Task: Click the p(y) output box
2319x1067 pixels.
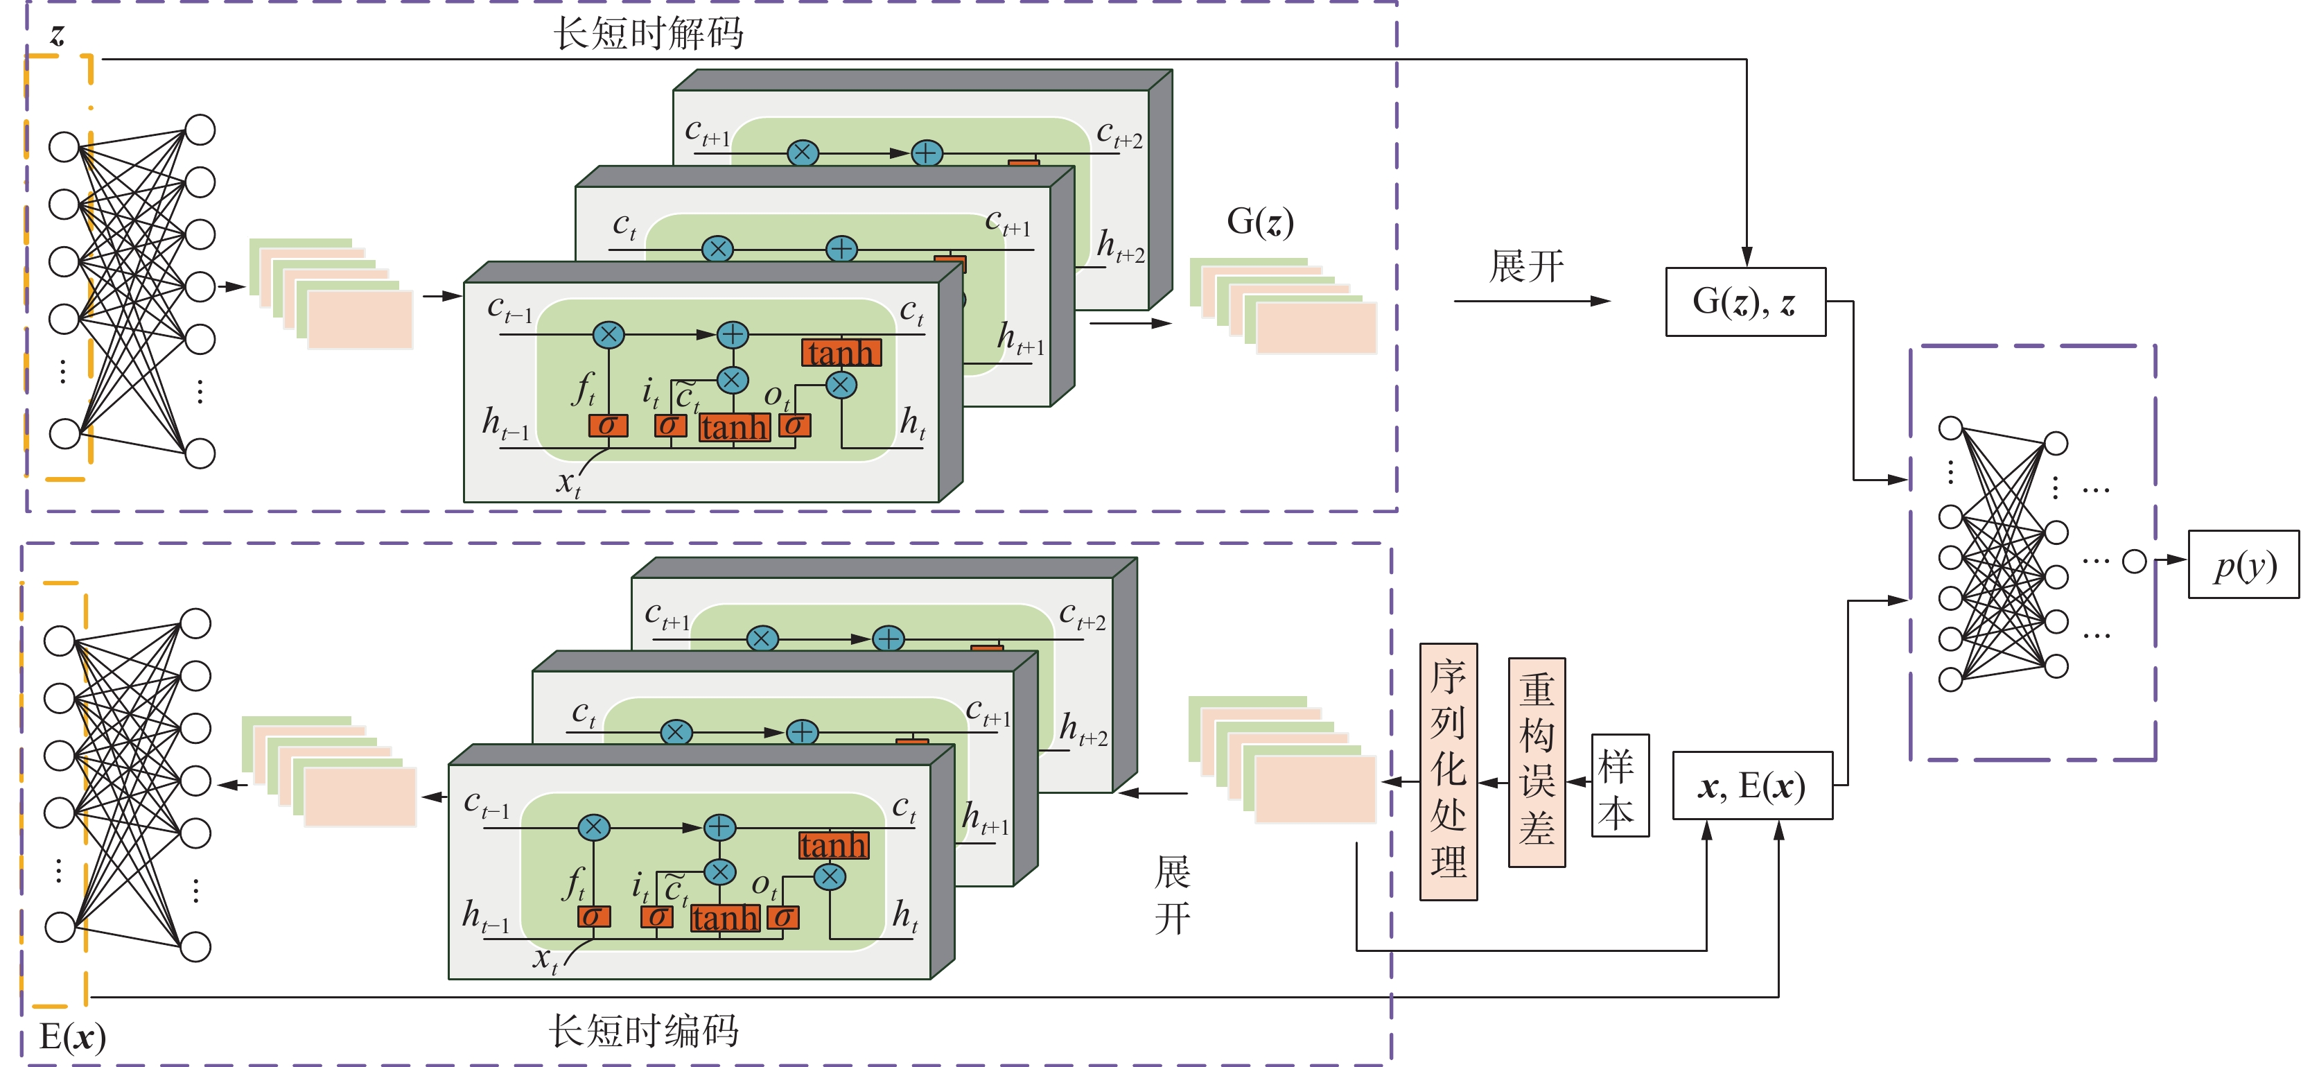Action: tap(2243, 564)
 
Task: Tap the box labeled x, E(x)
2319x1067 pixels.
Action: tap(1752, 785)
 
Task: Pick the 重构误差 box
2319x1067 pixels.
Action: tap(1537, 762)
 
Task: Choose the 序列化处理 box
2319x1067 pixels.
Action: tap(1449, 771)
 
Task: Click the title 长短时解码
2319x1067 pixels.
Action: tap(648, 34)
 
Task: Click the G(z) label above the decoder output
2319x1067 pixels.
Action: tap(1259, 221)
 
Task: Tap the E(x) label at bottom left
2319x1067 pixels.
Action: tap(72, 1037)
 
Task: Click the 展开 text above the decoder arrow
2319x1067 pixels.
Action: tap(1526, 266)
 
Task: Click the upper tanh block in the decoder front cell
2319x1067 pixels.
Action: tap(841, 353)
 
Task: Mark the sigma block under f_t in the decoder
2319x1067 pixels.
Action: tap(608, 426)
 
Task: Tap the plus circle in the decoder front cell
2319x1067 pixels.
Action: tap(733, 335)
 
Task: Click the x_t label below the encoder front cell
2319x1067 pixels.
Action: tap(545, 959)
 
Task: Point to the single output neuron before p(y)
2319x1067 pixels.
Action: tap(2135, 562)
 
